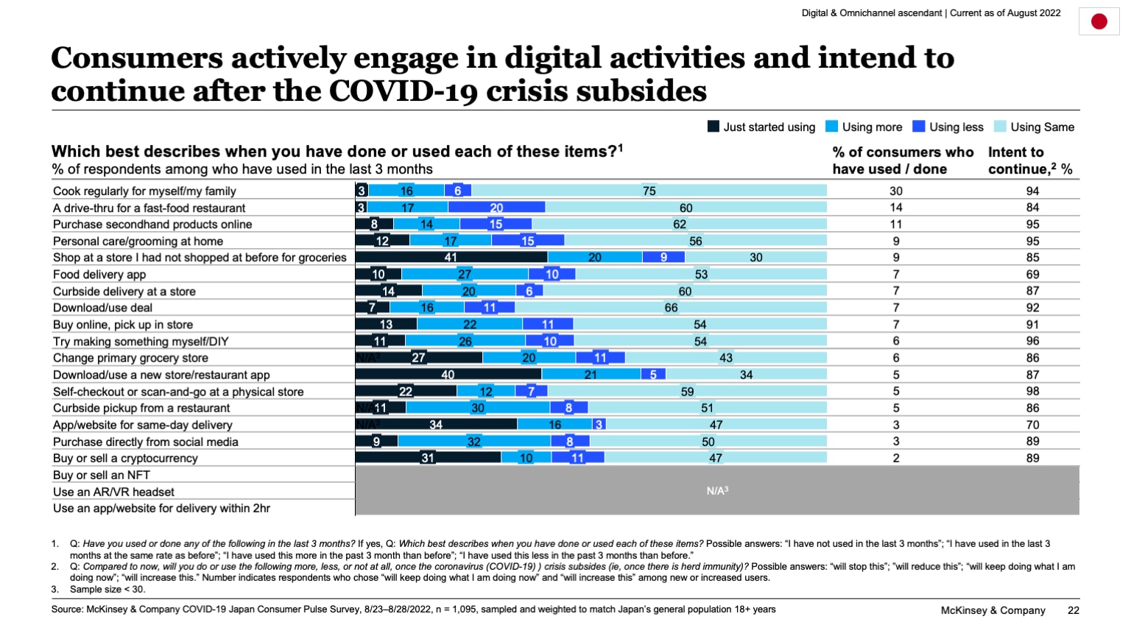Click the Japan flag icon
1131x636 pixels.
(1099, 21)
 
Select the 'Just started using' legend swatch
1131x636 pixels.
(713, 127)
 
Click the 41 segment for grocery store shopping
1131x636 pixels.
(451, 257)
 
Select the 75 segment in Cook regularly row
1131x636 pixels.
(649, 191)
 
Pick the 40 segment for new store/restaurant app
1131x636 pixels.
(448, 375)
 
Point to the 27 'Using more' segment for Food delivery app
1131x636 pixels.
(465, 274)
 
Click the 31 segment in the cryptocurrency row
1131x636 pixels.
(428, 458)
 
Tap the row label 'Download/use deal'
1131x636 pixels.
(102, 308)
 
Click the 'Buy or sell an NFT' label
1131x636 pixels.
(101, 475)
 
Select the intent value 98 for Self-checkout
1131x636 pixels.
(1032, 392)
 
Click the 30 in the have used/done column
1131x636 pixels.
(896, 191)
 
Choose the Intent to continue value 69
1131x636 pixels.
(1032, 274)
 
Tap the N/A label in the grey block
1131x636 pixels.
(716, 490)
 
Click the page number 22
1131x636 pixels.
(1073, 610)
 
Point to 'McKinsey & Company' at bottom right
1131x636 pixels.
(993, 610)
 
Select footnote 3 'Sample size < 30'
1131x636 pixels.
(107, 589)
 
